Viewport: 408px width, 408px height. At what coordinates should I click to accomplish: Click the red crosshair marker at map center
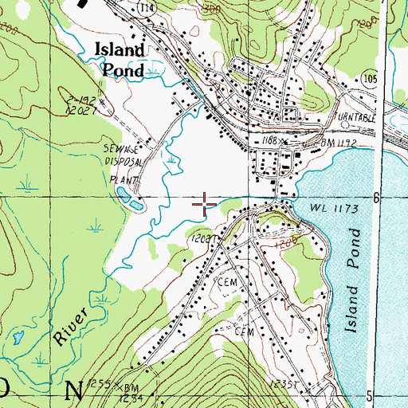click(x=205, y=204)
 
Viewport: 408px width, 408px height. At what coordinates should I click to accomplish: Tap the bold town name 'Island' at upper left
click(x=120, y=50)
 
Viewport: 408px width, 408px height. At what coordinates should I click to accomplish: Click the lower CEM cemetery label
click(x=243, y=329)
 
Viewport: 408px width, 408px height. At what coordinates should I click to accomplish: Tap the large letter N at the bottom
click(x=73, y=391)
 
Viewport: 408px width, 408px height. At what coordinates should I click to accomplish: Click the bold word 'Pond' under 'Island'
click(x=123, y=69)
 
